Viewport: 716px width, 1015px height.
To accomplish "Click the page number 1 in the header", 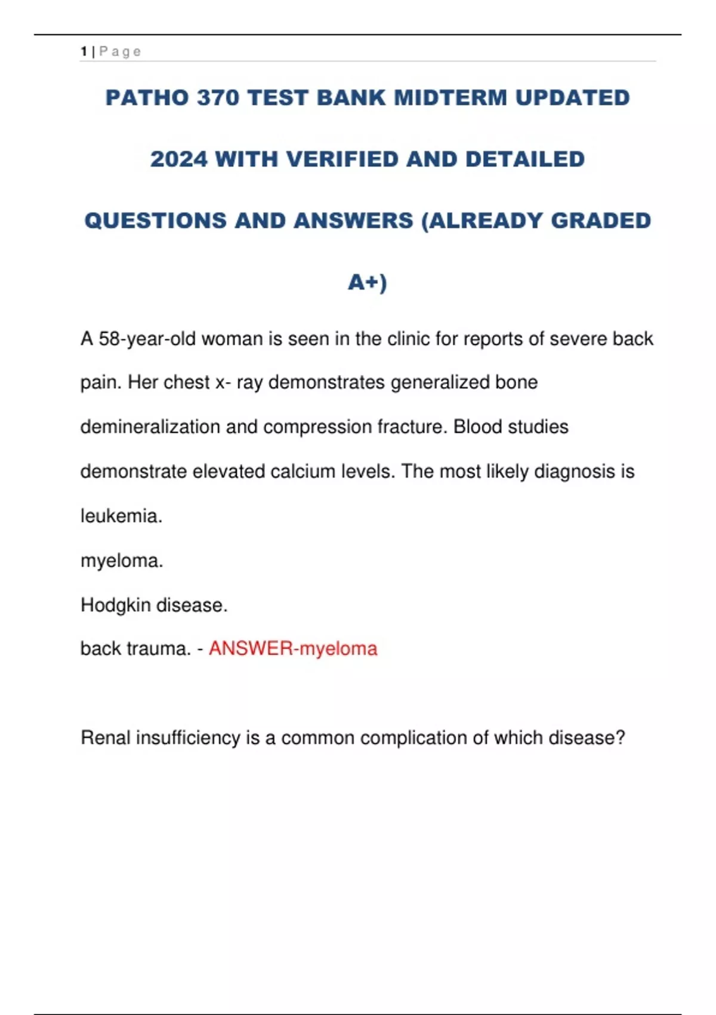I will coord(84,52).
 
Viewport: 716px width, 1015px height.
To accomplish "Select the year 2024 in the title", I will coord(179,159).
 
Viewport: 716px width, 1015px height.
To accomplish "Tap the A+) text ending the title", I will coord(368,282).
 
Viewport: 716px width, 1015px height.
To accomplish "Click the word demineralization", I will coord(150,427).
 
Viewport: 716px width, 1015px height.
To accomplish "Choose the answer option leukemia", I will coord(121,516).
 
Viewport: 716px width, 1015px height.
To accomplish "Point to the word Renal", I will coord(106,738).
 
